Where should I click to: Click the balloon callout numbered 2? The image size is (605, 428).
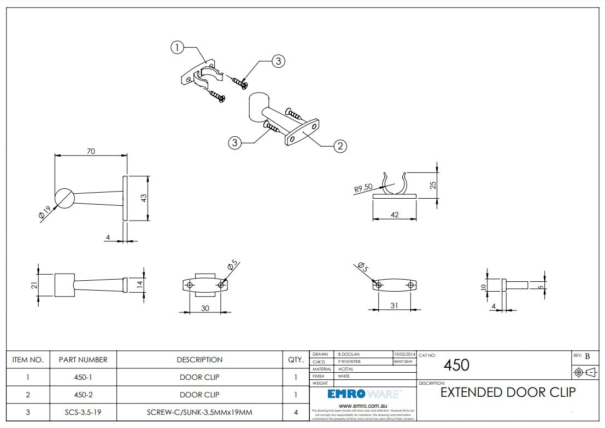click(340, 146)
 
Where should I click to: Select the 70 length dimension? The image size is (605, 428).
click(91, 151)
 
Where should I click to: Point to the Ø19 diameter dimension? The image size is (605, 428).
click(45, 212)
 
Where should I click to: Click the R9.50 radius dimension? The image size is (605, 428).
click(363, 189)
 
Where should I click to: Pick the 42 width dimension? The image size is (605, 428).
click(395, 215)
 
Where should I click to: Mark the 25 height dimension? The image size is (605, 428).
click(433, 185)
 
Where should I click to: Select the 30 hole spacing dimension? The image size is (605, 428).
click(205, 308)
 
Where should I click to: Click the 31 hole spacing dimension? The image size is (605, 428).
click(394, 305)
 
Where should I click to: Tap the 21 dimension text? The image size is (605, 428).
click(34, 285)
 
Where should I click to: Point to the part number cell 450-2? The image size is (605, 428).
click(83, 395)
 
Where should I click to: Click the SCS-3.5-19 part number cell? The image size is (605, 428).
click(83, 412)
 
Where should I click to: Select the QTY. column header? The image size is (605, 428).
click(296, 360)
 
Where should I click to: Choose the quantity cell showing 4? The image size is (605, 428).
click(296, 412)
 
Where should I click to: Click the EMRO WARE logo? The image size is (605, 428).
click(363, 394)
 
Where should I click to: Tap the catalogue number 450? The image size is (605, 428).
click(456, 365)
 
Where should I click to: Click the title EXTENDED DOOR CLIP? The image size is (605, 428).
click(508, 392)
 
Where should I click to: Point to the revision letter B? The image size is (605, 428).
click(588, 356)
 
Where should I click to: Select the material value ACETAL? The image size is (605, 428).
click(346, 369)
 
